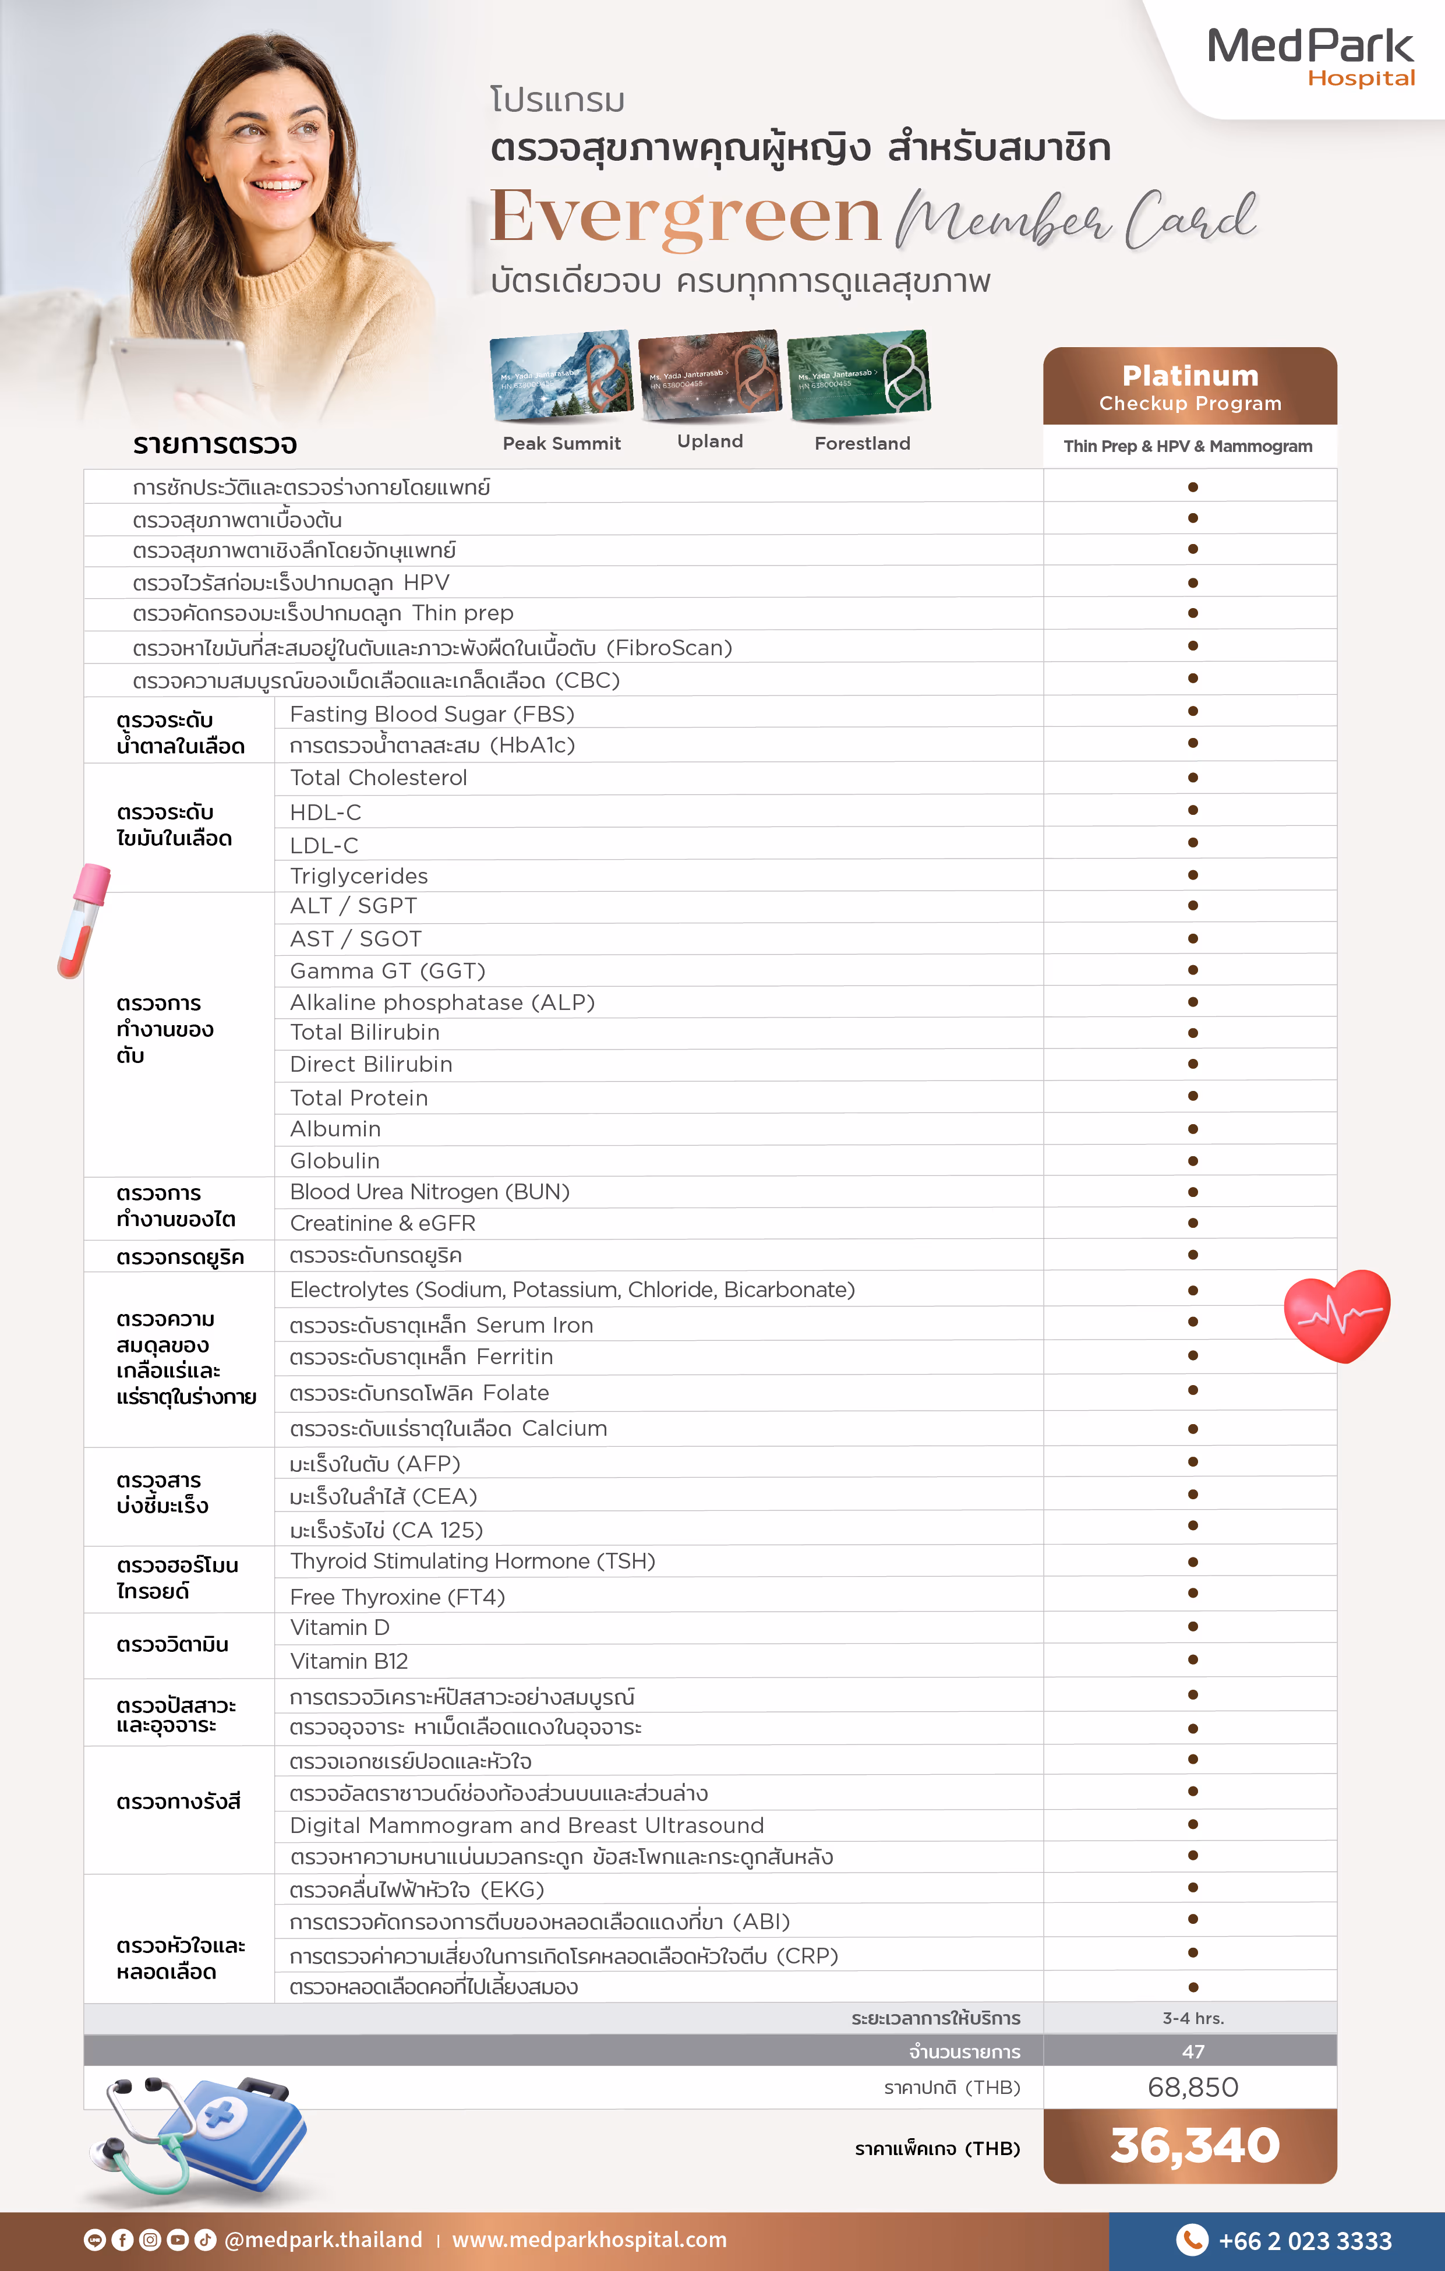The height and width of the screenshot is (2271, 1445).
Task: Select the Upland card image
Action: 709,373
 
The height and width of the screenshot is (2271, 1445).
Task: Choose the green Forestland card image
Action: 858,373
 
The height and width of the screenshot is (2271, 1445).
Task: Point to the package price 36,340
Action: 1194,2146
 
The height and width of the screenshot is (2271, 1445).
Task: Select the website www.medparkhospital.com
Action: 589,2240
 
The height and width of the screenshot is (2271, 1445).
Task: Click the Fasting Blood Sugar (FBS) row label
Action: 432,714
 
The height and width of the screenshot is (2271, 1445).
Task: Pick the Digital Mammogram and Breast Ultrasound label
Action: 527,1825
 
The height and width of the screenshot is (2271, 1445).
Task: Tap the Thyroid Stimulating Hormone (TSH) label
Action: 472,1561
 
